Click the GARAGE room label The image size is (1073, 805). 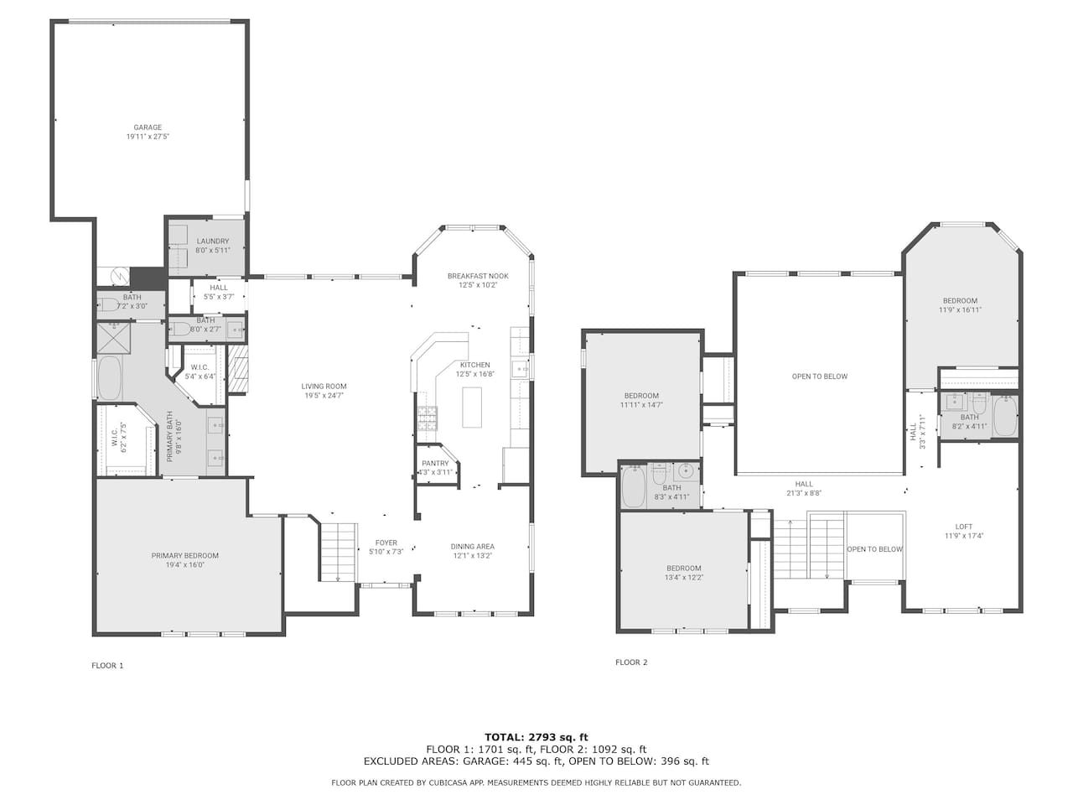click(x=148, y=127)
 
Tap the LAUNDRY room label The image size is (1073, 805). click(x=213, y=241)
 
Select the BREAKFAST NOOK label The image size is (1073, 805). click(x=478, y=276)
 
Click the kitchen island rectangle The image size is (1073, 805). click(x=472, y=408)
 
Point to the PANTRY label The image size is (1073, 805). click(x=435, y=464)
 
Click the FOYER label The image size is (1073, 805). click(x=386, y=543)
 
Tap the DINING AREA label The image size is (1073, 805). click(x=472, y=547)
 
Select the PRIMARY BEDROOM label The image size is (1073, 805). click(x=184, y=556)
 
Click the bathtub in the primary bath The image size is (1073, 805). click(x=109, y=378)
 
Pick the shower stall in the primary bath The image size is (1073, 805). click(x=113, y=338)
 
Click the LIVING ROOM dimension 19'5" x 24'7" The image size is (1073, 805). click(x=323, y=396)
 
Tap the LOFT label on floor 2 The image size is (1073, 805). click(x=963, y=527)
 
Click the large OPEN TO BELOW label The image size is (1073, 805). click(x=820, y=377)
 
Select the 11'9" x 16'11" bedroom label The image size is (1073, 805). click(x=960, y=310)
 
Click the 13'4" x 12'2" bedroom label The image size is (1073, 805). click(x=683, y=577)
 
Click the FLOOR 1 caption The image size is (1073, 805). click(x=107, y=665)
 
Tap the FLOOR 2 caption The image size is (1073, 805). click(x=631, y=662)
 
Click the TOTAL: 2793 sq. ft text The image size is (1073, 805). click(x=536, y=737)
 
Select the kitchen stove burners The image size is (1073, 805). click(x=428, y=418)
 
